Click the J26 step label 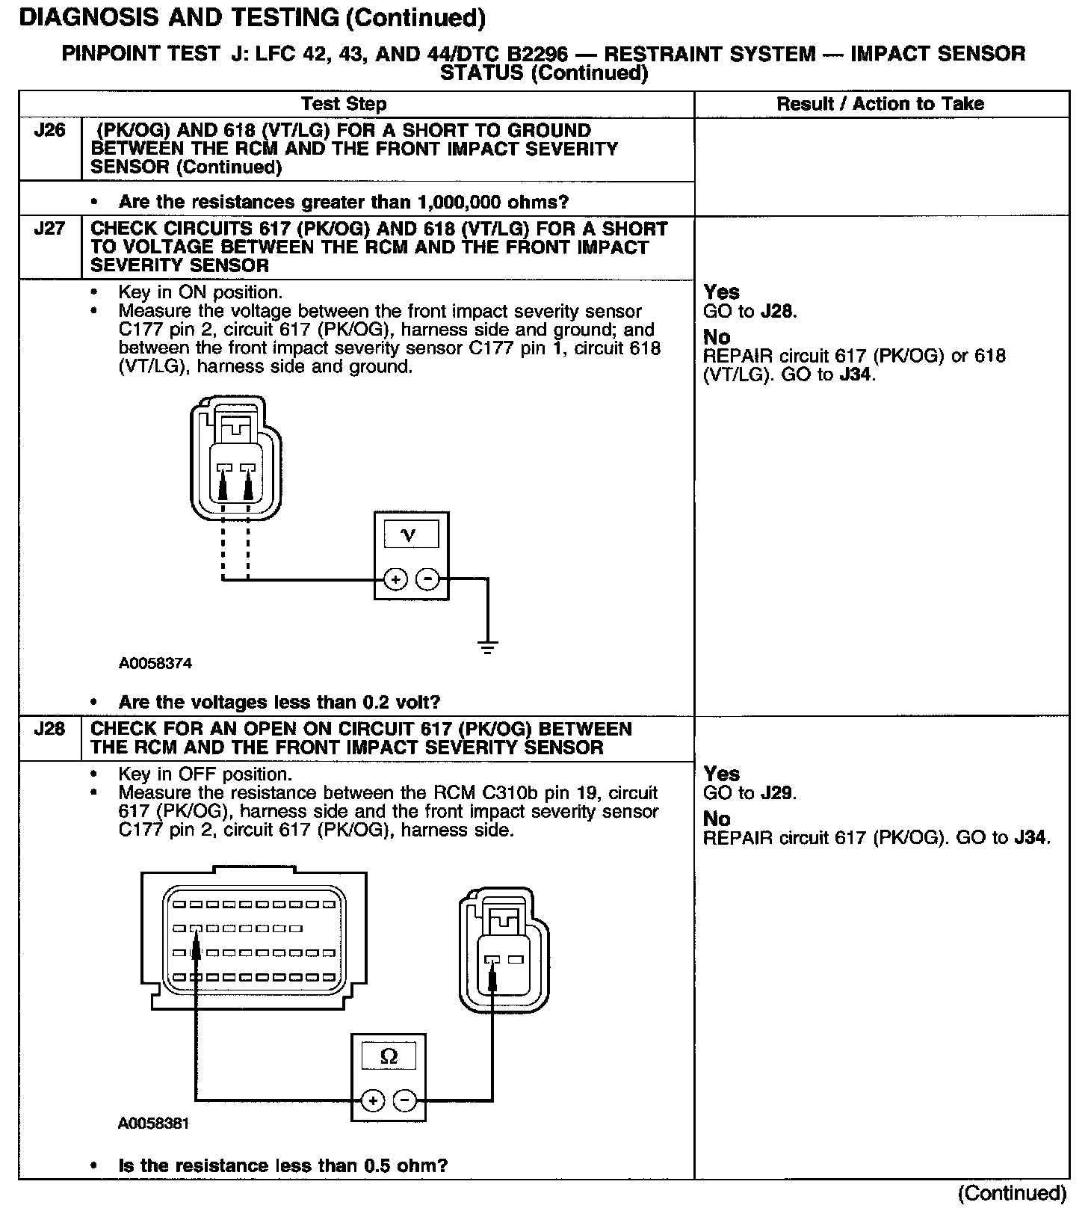pos(49,131)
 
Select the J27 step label pos(49,229)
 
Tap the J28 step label pos(49,729)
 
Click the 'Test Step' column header pos(344,104)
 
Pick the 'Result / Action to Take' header pos(880,104)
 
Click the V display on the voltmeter pos(409,535)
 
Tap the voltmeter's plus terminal pos(395,579)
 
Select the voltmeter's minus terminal pos(427,579)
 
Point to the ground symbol pos(487,647)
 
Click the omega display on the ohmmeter pos(389,1056)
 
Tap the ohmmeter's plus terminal pos(372,1100)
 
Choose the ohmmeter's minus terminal pos(404,1100)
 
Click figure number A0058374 pos(155,663)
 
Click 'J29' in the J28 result pos(778,793)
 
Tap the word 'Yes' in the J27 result pos(721,292)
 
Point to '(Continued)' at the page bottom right pos(1012,1193)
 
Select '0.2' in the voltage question pos(376,703)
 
